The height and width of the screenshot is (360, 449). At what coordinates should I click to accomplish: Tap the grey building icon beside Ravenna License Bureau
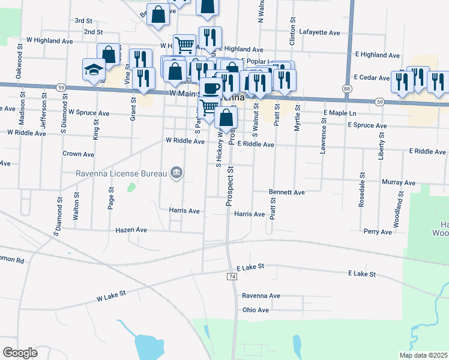tap(176, 173)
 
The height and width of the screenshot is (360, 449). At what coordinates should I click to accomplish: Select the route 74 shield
tap(232, 277)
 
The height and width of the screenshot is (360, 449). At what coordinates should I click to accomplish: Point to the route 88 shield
tap(348, 89)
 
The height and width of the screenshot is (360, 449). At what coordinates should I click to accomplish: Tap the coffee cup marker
tap(211, 88)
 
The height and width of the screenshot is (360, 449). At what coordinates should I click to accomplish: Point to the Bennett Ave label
tap(287, 193)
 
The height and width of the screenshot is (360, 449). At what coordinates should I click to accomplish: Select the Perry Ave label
tap(378, 231)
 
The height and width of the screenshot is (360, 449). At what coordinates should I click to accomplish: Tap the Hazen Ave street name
tap(131, 230)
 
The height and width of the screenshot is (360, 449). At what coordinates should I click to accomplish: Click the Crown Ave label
tap(79, 154)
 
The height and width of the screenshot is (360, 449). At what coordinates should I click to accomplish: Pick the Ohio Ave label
tap(256, 310)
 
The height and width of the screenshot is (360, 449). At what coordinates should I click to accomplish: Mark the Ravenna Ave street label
tap(261, 296)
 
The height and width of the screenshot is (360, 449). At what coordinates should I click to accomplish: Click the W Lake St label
tap(110, 294)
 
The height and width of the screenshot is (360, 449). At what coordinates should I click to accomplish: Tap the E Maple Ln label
tap(340, 113)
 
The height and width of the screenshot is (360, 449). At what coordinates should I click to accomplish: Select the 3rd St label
tap(83, 20)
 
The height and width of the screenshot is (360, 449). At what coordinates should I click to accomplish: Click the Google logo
tap(20, 353)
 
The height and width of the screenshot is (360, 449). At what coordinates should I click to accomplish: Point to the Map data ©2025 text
tap(423, 355)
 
